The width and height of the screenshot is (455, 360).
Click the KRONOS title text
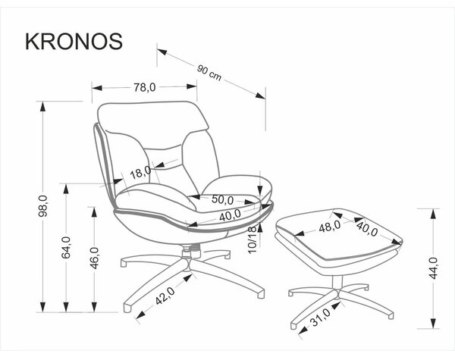(x=74, y=42)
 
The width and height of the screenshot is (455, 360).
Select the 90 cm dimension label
(x=209, y=73)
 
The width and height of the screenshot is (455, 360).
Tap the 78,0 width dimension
(x=145, y=87)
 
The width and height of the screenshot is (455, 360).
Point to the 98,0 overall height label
(x=43, y=206)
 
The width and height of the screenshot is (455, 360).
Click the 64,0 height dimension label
(x=66, y=247)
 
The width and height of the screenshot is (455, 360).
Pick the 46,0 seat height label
(x=94, y=258)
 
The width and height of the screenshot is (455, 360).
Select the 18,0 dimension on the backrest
(x=140, y=172)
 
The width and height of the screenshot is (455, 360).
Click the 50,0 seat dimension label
(x=222, y=199)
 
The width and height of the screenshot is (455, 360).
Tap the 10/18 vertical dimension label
(x=253, y=240)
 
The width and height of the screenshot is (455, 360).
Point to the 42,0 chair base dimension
(x=165, y=296)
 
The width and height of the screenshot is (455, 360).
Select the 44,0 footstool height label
(x=433, y=268)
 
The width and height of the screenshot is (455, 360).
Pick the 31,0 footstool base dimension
(x=320, y=317)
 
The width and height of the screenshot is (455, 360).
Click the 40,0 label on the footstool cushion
(x=367, y=229)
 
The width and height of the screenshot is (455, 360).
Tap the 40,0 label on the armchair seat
(x=230, y=215)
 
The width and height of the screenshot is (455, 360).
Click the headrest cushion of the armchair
(x=153, y=117)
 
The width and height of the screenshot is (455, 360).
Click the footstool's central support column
(x=337, y=283)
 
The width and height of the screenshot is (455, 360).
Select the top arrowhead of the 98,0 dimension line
(x=43, y=107)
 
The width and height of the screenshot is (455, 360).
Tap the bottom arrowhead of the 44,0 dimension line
(x=433, y=323)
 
